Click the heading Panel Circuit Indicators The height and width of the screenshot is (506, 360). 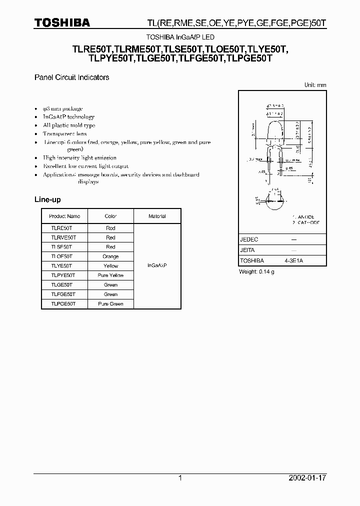click(71, 77)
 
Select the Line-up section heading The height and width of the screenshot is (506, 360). click(47, 199)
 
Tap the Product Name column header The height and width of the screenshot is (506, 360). click(64, 216)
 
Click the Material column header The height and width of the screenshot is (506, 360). click(157, 216)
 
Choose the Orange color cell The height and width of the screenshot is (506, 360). click(110, 256)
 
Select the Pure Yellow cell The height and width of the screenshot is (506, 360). click(110, 275)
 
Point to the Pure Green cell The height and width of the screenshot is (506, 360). click(110, 304)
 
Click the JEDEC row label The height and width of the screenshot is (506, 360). click(249, 239)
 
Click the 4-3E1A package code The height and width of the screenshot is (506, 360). click(294, 261)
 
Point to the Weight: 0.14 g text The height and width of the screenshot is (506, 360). click(257, 271)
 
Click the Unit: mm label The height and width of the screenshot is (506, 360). click(315, 85)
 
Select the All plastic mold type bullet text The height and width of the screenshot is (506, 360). click(69, 125)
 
